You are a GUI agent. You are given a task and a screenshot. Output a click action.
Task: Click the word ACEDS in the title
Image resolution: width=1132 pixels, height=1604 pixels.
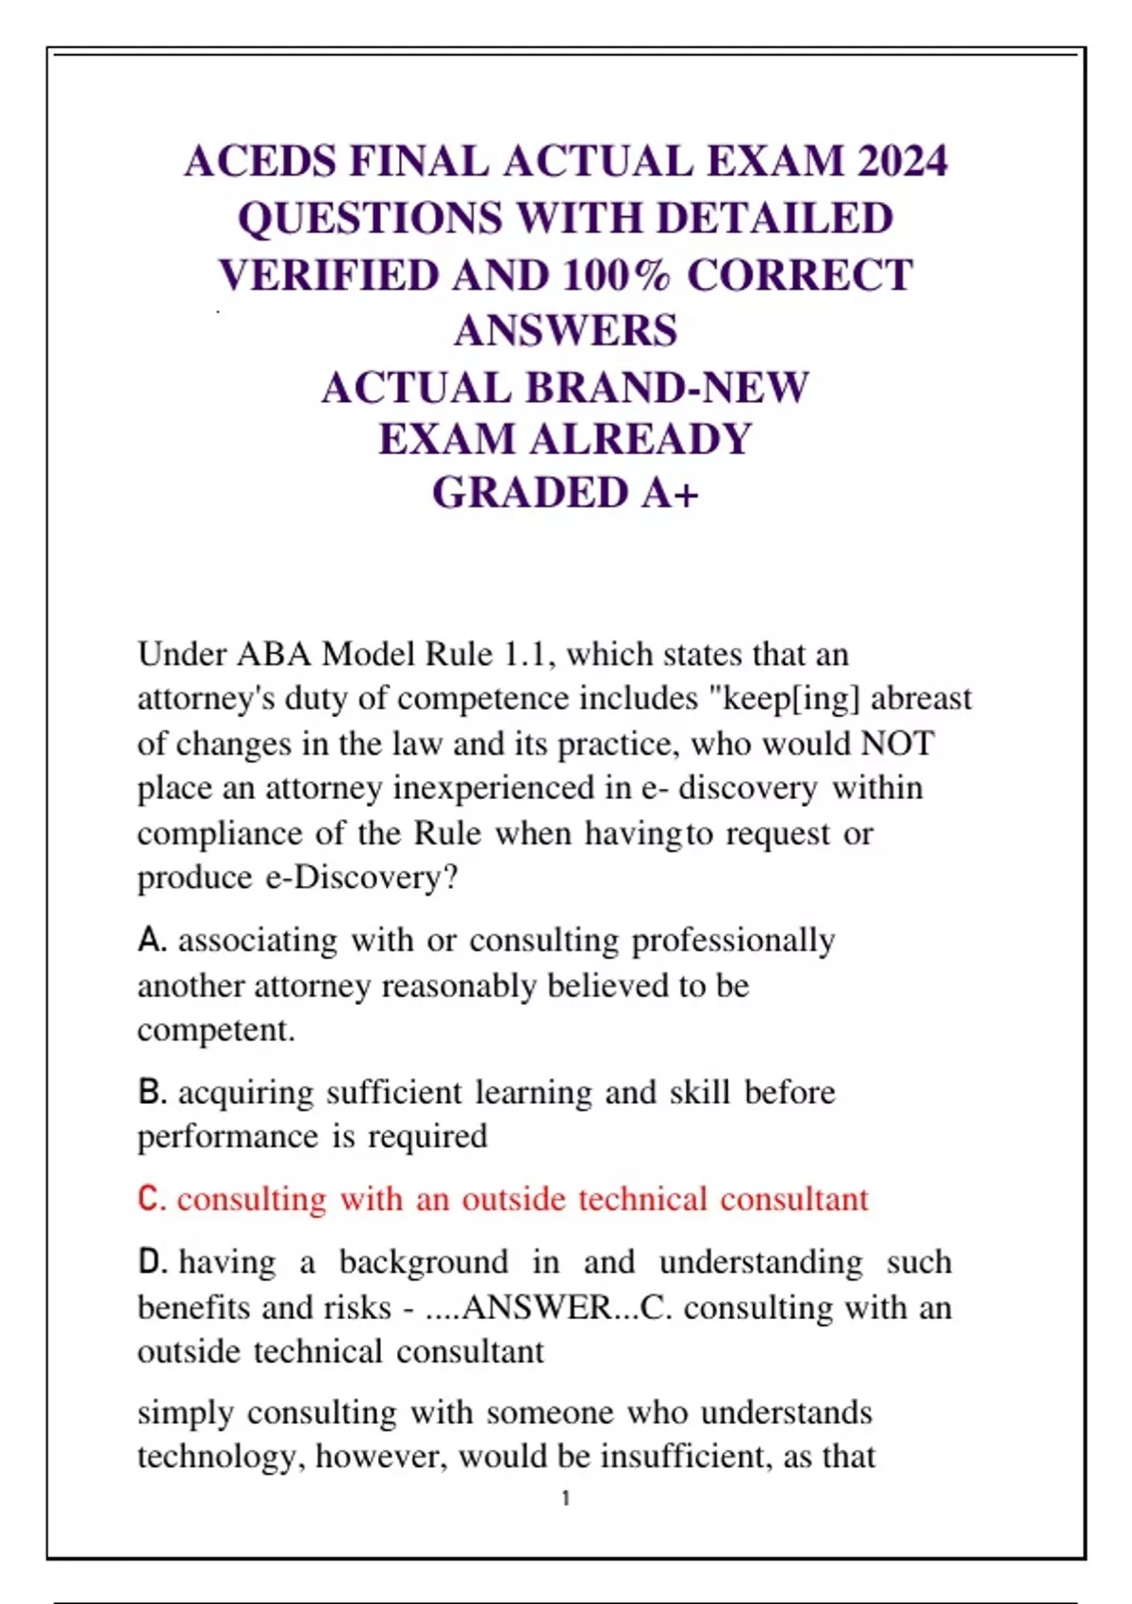[260, 161]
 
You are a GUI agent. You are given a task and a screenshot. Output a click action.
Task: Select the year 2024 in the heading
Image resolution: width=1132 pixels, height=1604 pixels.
[902, 161]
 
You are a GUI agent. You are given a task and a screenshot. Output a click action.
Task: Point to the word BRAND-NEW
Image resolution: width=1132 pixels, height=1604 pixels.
[667, 388]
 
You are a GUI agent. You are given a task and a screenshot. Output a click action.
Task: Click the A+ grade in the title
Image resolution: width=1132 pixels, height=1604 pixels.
[670, 493]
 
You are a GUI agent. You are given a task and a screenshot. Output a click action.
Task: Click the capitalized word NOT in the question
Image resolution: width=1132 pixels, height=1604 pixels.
[897, 744]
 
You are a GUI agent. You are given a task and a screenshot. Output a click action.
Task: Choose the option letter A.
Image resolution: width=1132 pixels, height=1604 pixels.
[151, 941]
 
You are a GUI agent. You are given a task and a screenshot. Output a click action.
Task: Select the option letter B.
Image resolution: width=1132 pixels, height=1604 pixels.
[151, 1093]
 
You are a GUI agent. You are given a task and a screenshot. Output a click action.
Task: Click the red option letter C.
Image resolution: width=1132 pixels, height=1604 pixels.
[151, 1199]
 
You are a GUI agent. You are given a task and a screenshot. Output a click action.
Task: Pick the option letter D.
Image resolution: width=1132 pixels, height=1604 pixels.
[151, 1262]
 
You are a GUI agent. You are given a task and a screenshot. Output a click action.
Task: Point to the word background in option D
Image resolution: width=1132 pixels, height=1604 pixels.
[423, 1262]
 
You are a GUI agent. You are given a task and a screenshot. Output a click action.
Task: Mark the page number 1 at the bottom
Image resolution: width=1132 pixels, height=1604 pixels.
[566, 1498]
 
